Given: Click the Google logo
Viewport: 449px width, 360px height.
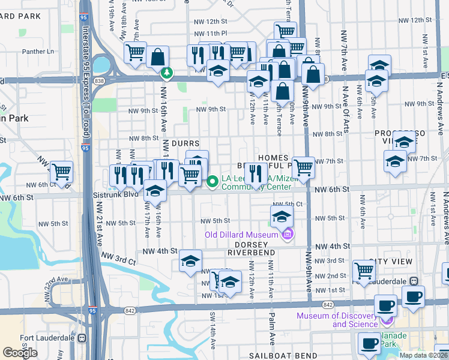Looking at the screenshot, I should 20,353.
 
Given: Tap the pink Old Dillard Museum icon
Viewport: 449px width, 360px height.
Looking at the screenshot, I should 287,234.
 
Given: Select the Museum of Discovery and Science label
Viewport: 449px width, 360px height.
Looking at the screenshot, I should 355,320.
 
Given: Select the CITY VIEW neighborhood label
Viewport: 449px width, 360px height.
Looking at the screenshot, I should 391,262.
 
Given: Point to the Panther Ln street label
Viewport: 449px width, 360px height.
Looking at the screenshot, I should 38,52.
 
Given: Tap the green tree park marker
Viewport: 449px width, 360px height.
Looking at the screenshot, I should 166,73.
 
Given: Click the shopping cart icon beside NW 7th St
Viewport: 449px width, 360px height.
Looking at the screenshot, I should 303,167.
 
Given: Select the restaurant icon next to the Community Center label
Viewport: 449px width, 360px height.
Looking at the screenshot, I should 256,174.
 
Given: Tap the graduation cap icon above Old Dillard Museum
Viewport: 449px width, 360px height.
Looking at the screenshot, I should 280,216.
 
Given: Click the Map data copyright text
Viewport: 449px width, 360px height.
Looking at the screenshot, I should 423,355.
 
